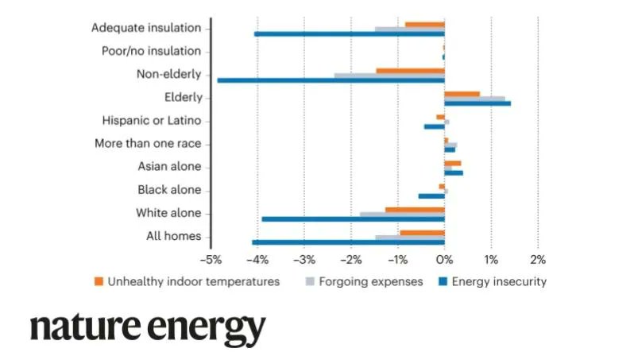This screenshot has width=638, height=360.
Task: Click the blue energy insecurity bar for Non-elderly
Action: [331, 80]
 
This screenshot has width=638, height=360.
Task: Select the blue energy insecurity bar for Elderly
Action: [477, 103]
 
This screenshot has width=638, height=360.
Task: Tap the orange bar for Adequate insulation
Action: [424, 24]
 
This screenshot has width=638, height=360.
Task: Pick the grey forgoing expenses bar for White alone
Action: [401, 214]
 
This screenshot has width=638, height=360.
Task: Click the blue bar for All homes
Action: [348, 242]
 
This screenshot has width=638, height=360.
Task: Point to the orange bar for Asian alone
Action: [452, 162]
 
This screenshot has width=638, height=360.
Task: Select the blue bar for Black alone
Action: [431, 195]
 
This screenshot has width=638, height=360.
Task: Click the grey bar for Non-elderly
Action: [389, 75]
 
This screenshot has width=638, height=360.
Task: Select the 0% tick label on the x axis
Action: [444, 259]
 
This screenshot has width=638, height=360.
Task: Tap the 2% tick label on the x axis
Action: [538, 259]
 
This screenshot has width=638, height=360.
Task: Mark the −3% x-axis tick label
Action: [304, 259]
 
